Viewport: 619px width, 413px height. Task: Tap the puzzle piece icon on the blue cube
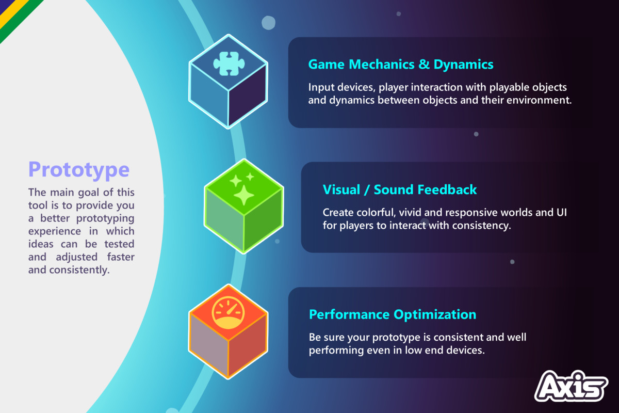tap(229, 63)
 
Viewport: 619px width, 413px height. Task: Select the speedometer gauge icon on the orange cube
tap(228, 313)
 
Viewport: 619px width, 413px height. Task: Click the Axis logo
tap(571, 386)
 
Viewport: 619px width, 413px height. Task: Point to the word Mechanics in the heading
tap(382, 64)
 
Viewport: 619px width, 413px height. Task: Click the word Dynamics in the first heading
tap(463, 64)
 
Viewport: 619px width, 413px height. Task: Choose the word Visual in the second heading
tap(341, 190)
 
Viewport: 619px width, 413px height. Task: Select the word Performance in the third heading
tap(349, 314)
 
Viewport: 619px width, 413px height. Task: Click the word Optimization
tap(435, 315)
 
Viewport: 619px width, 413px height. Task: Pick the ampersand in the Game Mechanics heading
tap(424, 65)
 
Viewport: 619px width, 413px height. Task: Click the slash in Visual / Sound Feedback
tap(367, 190)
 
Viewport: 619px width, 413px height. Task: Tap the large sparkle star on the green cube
tap(243, 195)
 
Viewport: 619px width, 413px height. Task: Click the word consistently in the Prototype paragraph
tap(79, 270)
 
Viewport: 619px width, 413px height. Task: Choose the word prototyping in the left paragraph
tap(105, 218)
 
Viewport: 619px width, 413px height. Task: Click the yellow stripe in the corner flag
tap(11, 10)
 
